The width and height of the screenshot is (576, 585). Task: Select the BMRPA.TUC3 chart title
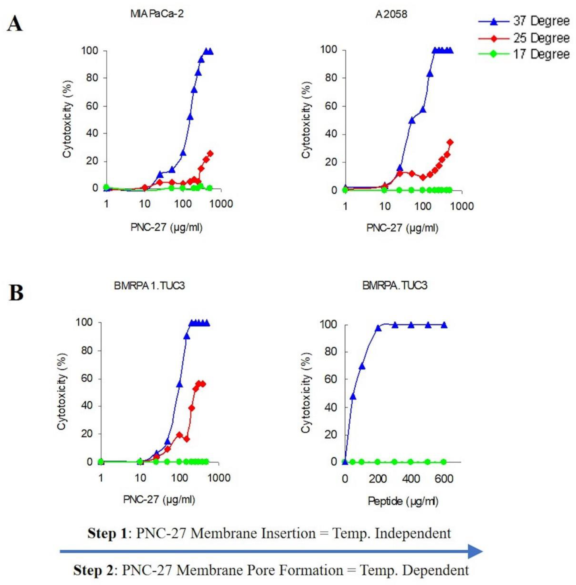point(395,285)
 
